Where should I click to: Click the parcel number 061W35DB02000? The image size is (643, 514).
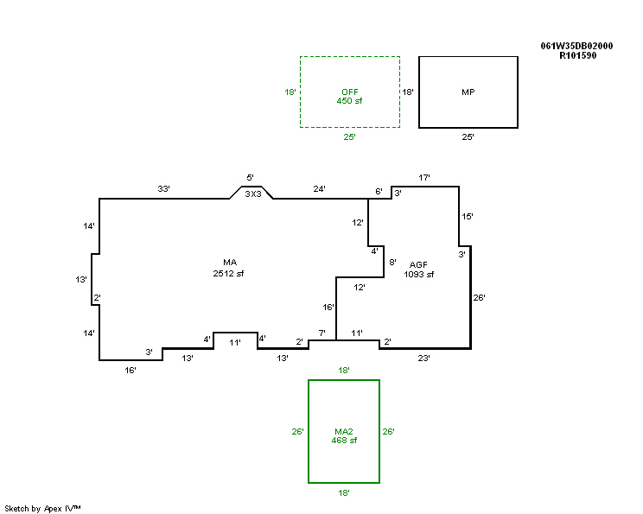[576, 46]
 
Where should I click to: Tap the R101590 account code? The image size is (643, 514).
[578, 56]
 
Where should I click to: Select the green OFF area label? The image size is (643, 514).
[350, 92]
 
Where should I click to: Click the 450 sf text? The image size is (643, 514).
[349, 101]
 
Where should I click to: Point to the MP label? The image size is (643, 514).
[468, 92]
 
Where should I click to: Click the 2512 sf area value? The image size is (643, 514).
[228, 273]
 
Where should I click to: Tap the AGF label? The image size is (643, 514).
[418, 265]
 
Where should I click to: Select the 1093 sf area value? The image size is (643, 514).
[418, 274]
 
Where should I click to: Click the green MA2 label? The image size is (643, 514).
[344, 431]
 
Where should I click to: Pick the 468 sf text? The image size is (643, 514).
[344, 441]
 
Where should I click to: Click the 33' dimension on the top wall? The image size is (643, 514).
[163, 189]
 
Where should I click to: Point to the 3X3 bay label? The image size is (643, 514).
[253, 194]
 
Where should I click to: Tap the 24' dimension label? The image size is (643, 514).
[320, 189]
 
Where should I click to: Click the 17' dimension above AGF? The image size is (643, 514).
[424, 177]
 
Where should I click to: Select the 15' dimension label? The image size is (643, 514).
[468, 217]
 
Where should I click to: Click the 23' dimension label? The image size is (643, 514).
[424, 359]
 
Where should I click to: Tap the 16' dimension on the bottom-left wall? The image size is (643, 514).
[131, 370]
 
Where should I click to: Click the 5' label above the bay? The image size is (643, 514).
[250, 177]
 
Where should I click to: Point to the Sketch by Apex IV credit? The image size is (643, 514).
[42, 509]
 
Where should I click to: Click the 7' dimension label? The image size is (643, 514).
[322, 333]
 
